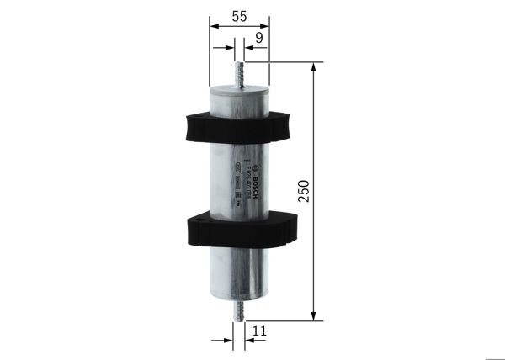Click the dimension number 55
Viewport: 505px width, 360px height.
(x=239, y=15)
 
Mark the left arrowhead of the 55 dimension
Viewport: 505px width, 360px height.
(x=210, y=27)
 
